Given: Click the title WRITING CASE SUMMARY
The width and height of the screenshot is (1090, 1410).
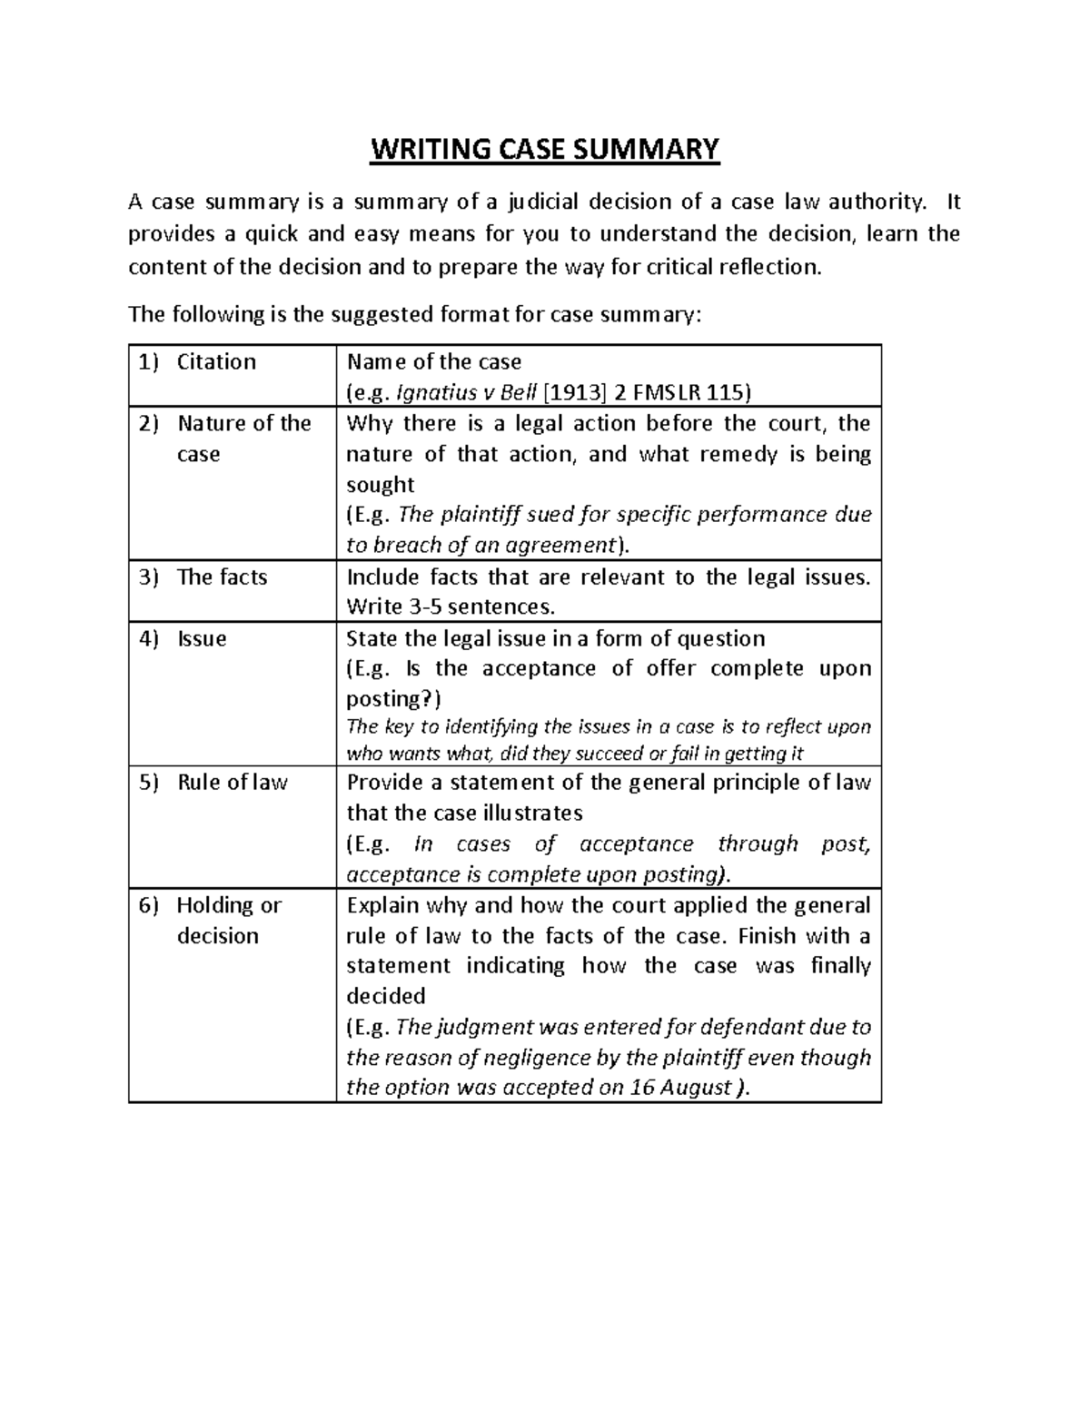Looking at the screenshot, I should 544,148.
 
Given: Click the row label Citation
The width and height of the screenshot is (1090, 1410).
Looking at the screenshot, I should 216,361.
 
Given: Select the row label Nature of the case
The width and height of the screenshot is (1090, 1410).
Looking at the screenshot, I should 243,438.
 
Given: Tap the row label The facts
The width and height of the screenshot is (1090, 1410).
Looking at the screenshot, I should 222,577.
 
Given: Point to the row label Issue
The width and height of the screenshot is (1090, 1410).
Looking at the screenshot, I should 202,638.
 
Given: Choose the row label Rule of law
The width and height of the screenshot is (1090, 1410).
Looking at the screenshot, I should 233,782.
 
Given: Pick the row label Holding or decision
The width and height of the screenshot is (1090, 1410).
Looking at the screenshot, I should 229,920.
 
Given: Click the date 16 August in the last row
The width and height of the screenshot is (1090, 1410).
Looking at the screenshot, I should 681,1088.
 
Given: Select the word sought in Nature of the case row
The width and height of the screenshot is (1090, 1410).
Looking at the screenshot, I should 381,484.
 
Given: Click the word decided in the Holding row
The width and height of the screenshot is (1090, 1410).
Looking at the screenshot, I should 386,996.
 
